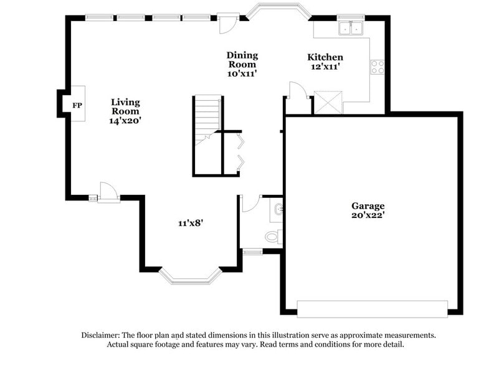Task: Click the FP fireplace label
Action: tap(77, 105)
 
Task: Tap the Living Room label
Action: tap(125, 106)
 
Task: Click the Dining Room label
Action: tap(242, 60)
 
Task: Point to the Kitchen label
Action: tap(326, 57)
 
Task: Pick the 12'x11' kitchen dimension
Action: tap(325, 67)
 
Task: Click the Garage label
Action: tap(368, 206)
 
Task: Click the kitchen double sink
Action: tap(351, 28)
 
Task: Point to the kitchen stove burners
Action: tap(377, 67)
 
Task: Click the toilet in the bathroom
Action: tap(272, 237)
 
